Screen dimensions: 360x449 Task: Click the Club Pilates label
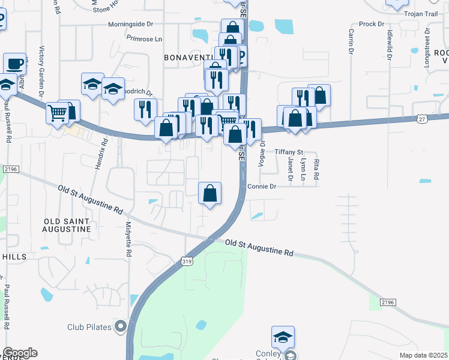91,327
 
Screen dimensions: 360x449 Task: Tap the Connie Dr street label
261,187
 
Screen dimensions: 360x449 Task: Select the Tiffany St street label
289,153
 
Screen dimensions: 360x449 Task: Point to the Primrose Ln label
145,38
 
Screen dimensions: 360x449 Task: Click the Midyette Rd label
128,239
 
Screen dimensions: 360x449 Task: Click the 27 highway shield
423,119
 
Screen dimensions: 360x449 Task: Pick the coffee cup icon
14,63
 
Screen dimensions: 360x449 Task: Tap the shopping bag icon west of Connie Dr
210,193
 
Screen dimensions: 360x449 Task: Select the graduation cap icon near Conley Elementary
283,337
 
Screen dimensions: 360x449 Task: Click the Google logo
20,353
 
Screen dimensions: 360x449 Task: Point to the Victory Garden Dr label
41,72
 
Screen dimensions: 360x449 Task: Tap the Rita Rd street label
316,169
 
